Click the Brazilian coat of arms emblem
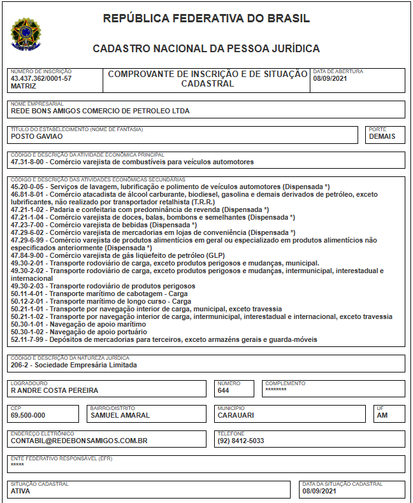point(25,33)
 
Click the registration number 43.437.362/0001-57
point(41,79)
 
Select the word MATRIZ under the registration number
point(24,87)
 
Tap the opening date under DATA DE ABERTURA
point(330,79)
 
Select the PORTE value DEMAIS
point(382,136)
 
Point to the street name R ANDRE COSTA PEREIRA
point(54,390)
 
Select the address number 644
point(223,390)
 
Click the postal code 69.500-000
point(27,415)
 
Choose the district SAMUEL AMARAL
point(120,415)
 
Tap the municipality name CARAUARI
point(235,415)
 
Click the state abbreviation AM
point(382,415)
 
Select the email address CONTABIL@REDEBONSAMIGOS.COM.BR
point(79,441)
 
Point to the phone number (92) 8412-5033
point(240,441)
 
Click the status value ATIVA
point(20,491)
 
